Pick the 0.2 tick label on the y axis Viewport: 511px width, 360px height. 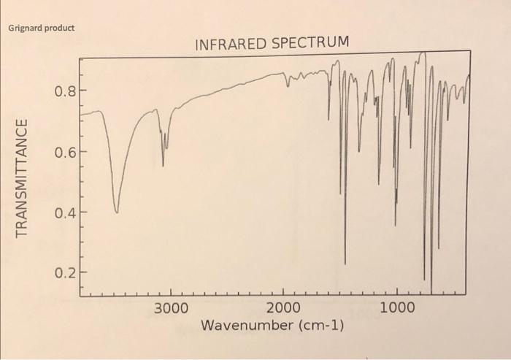64,273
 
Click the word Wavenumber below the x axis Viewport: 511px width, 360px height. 246,324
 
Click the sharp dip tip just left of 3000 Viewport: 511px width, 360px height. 163,166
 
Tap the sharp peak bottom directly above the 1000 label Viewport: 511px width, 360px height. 396,225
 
